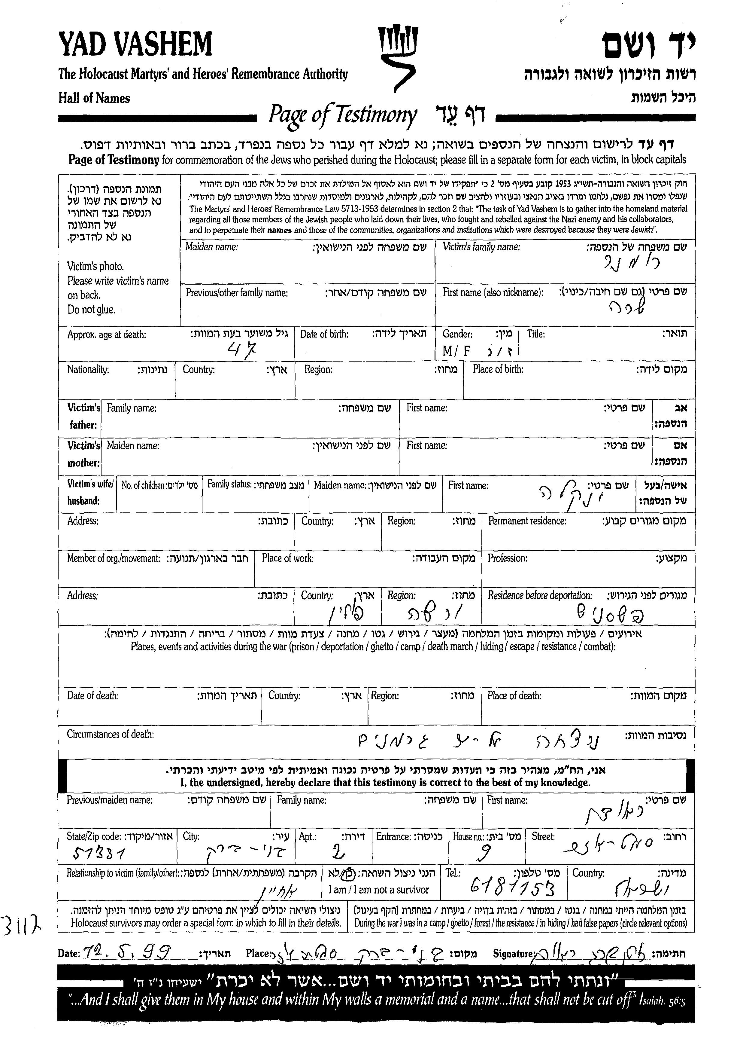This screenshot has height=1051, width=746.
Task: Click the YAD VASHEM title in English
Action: coord(135,44)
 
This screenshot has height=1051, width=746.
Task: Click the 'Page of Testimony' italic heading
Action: coord(343,115)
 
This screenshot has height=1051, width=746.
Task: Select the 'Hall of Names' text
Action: coord(94,98)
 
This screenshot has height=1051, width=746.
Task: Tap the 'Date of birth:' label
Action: coord(324,334)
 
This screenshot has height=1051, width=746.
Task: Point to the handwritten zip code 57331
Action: coord(100,854)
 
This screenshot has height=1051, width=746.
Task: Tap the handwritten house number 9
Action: coord(485,854)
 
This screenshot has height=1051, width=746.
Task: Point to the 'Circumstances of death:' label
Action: coord(110,734)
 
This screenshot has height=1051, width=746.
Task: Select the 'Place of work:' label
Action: coord(288,558)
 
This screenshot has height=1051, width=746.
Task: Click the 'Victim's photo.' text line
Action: coord(96,266)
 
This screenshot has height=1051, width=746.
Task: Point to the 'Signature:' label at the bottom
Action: coord(513,954)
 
